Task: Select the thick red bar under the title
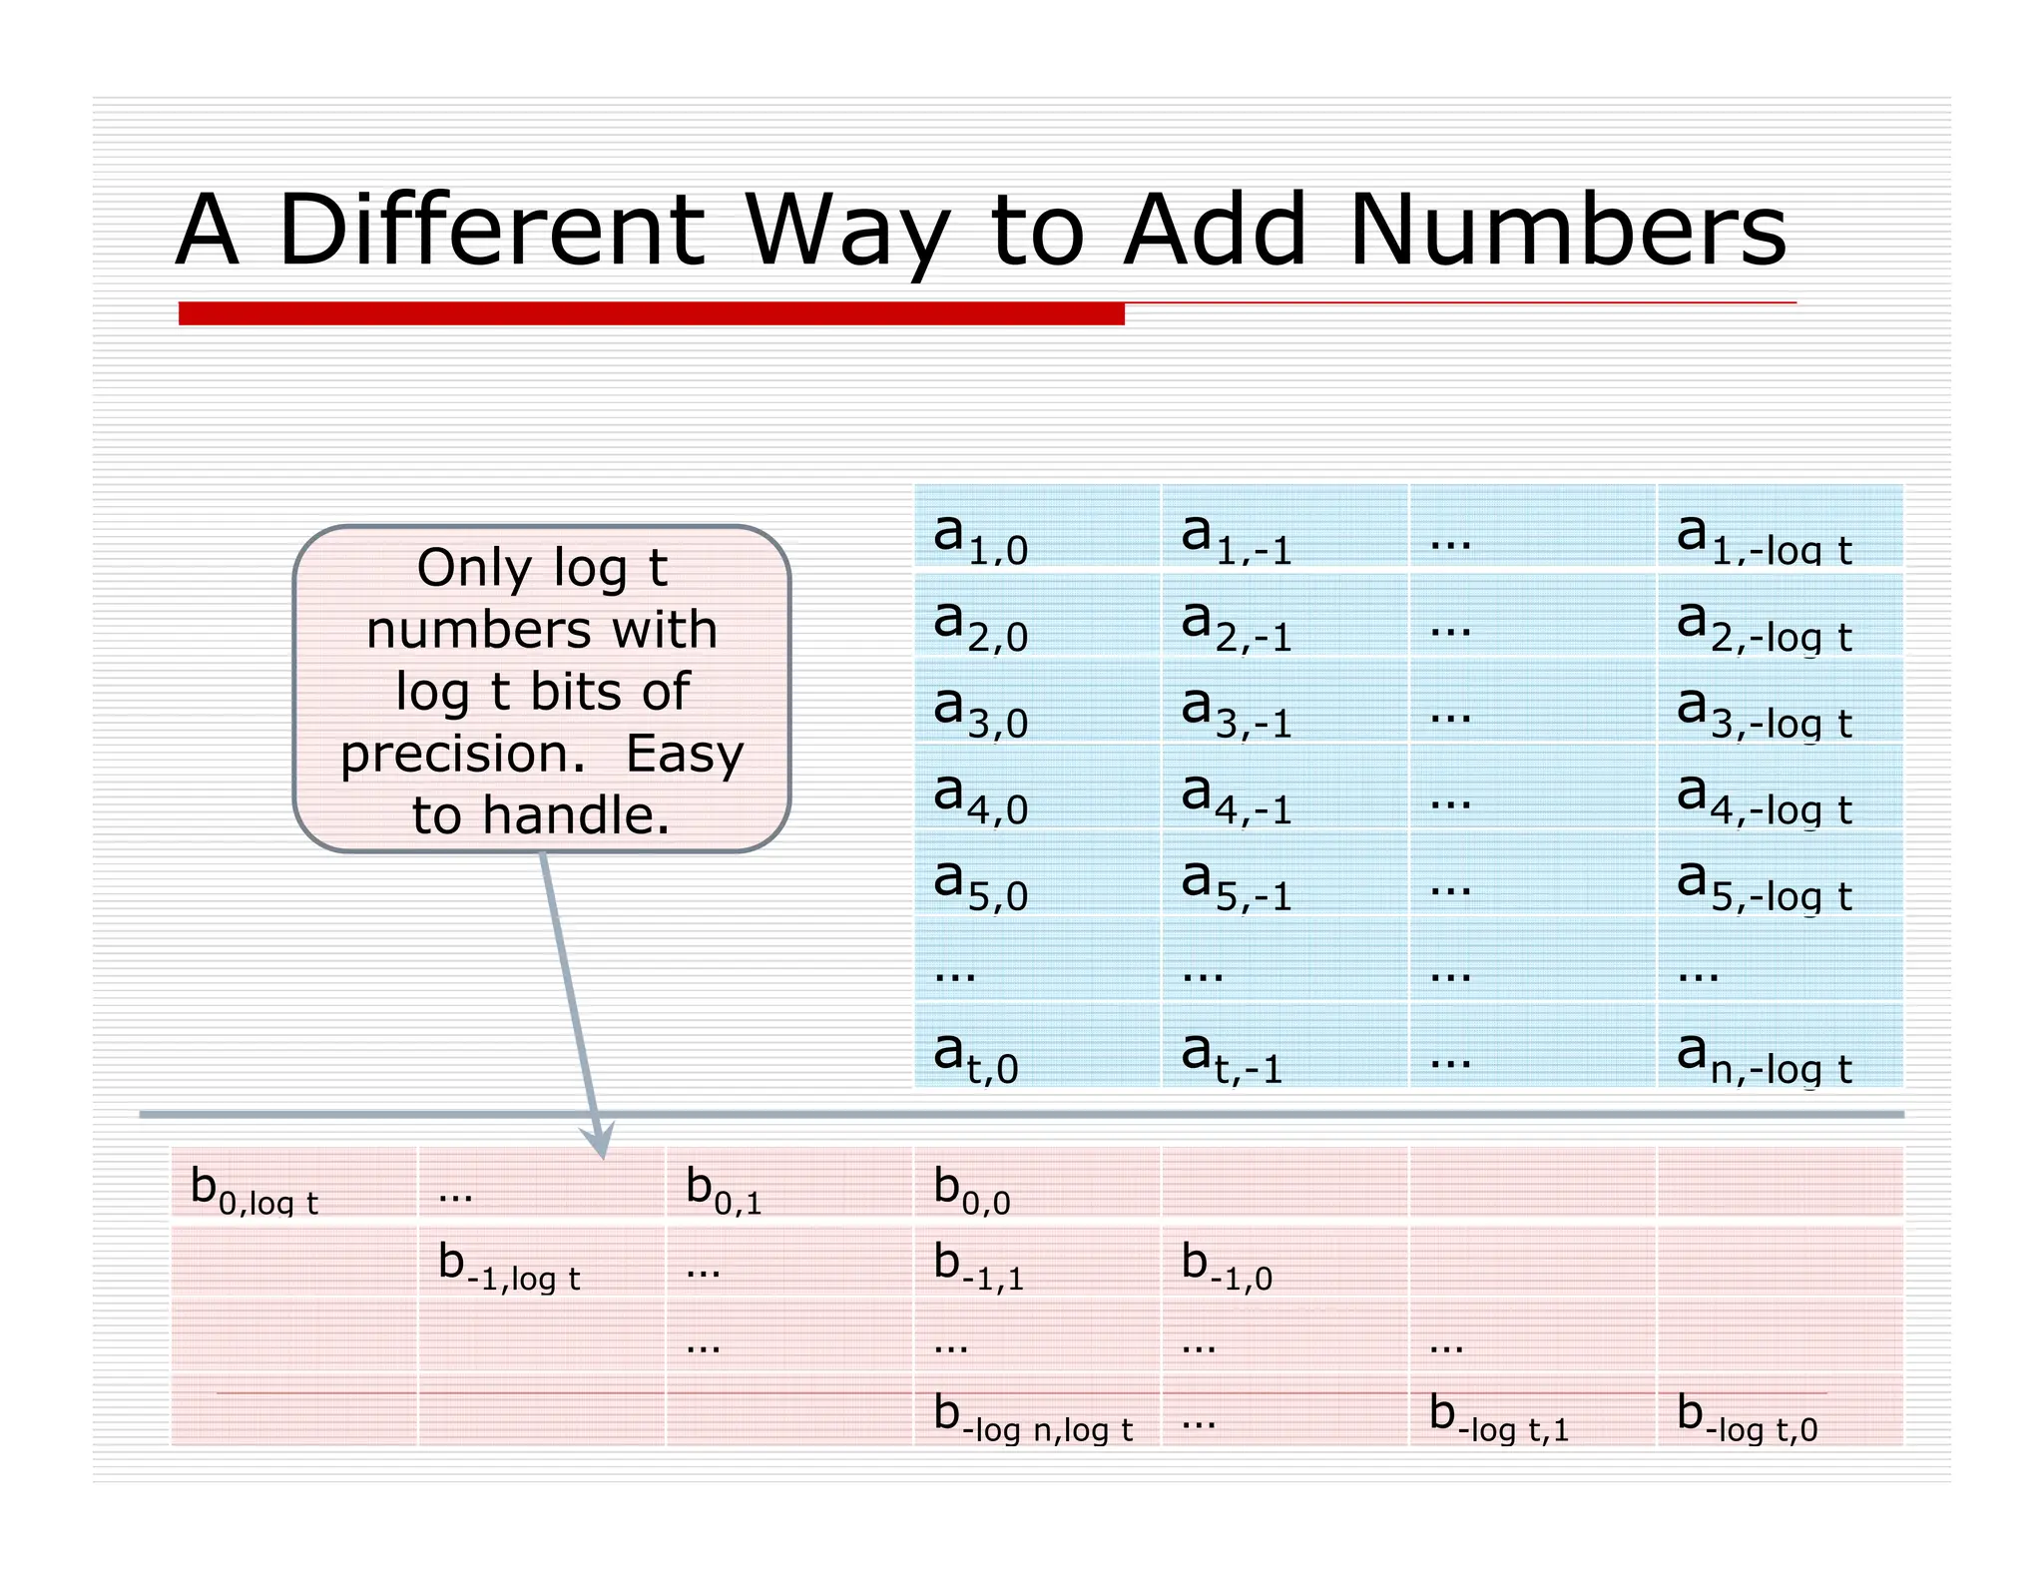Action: click(651, 313)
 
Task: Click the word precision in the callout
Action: click(462, 755)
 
